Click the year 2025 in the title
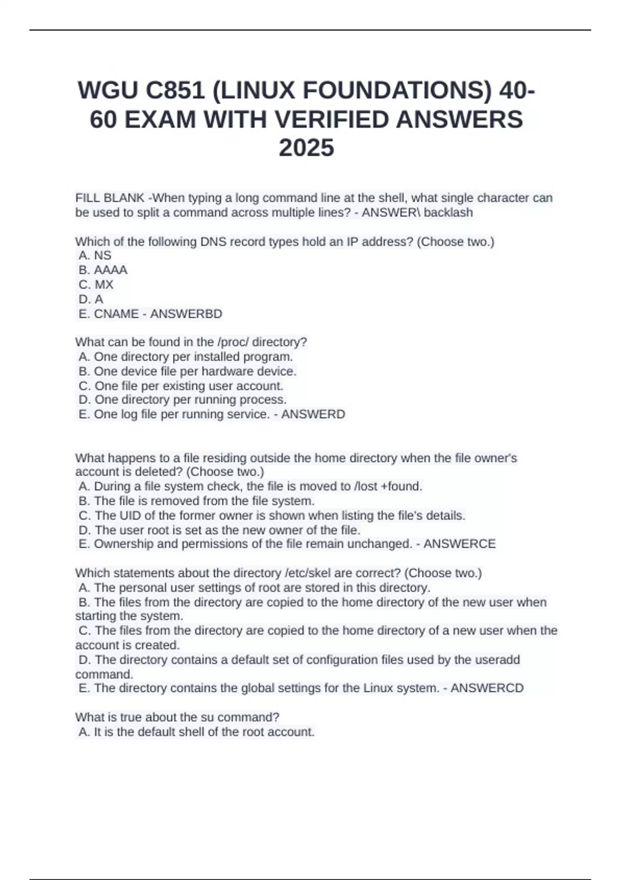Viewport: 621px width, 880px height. pos(306,149)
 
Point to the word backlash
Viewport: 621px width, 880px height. pos(448,213)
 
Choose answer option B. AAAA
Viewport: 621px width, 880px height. pos(103,270)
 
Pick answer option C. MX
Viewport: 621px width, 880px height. pos(96,285)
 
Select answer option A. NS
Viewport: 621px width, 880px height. pos(95,256)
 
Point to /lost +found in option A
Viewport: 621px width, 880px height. pos(388,487)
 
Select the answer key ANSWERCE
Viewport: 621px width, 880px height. pos(460,544)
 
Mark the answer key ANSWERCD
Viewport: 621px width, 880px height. pos(487,688)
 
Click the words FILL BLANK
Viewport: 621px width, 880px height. pos(110,198)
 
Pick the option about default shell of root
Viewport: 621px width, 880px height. pos(197,732)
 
